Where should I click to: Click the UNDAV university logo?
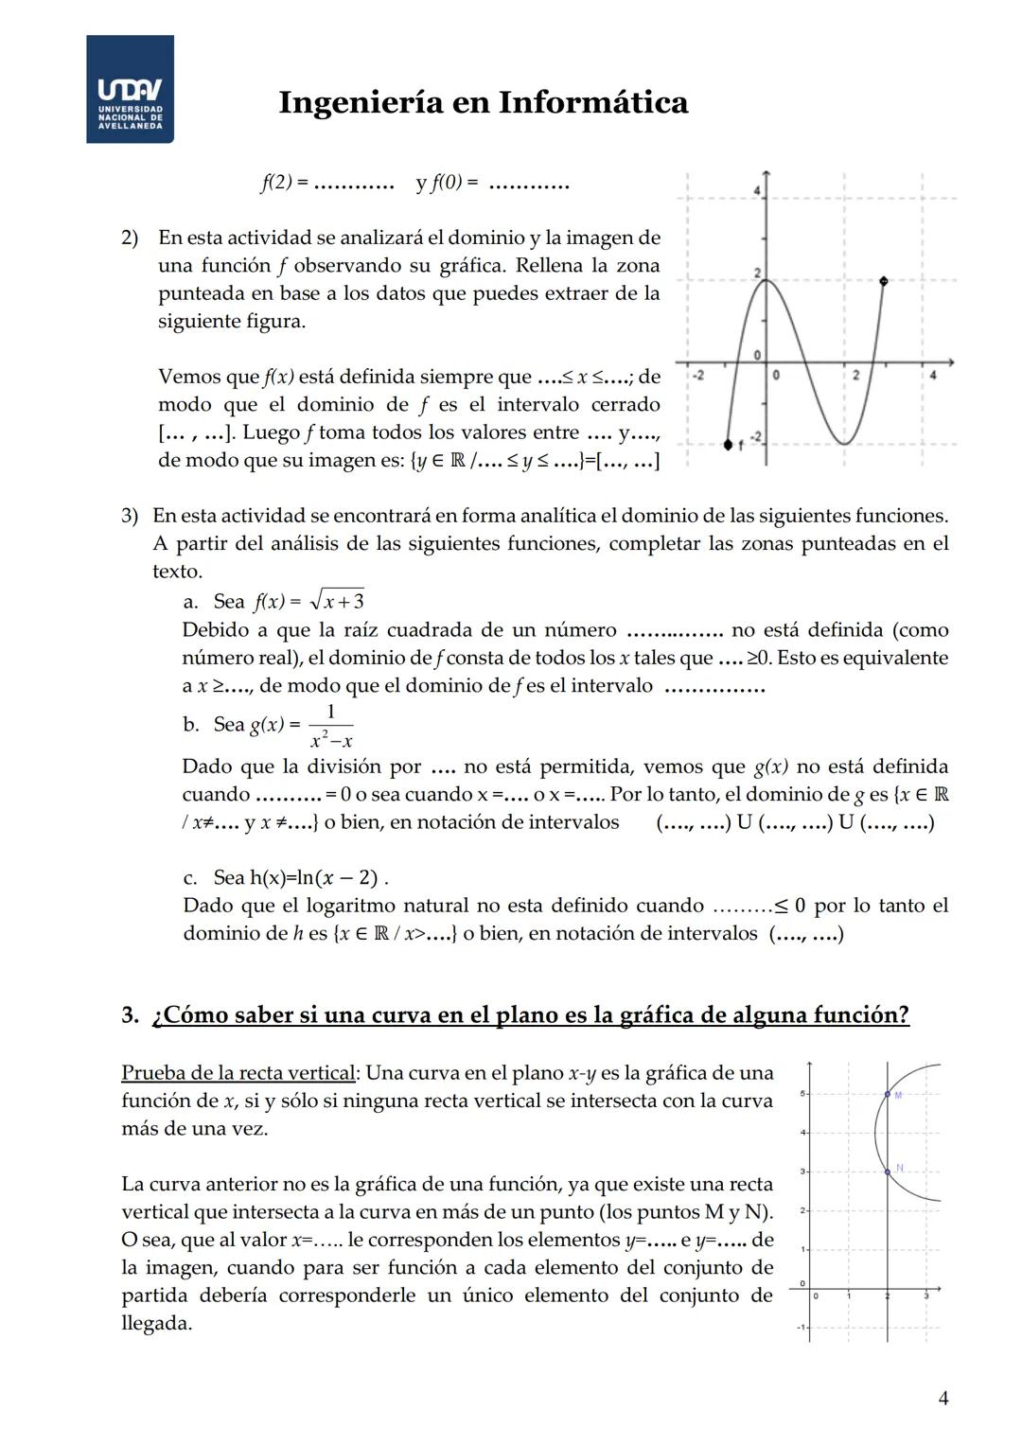[x=130, y=90]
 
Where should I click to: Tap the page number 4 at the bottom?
[x=943, y=1398]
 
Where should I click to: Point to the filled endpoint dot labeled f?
[x=728, y=444]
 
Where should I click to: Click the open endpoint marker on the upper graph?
[x=884, y=281]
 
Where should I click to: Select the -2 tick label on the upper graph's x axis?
[x=697, y=377]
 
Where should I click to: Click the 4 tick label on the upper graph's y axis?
[x=757, y=192]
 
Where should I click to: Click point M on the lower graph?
[x=888, y=1094]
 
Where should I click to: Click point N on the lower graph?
[x=888, y=1172]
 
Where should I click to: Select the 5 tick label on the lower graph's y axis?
[x=803, y=1094]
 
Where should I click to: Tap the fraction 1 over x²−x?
[x=330, y=726]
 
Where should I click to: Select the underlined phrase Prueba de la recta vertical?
[x=238, y=1073]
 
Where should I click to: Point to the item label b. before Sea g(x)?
[x=190, y=725]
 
